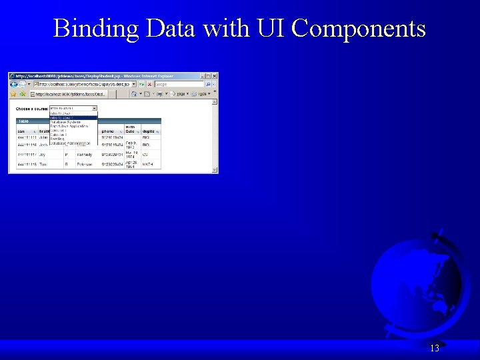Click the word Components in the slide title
click(x=359, y=29)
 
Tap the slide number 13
click(x=435, y=348)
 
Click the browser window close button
click(x=214, y=76)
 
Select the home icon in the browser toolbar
click(x=135, y=94)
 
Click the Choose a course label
click(x=32, y=108)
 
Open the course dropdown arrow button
click(x=95, y=108)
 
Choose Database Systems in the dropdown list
click(x=65, y=122)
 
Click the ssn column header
click(x=21, y=131)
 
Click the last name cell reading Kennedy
click(x=85, y=154)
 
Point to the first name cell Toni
click(x=43, y=164)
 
